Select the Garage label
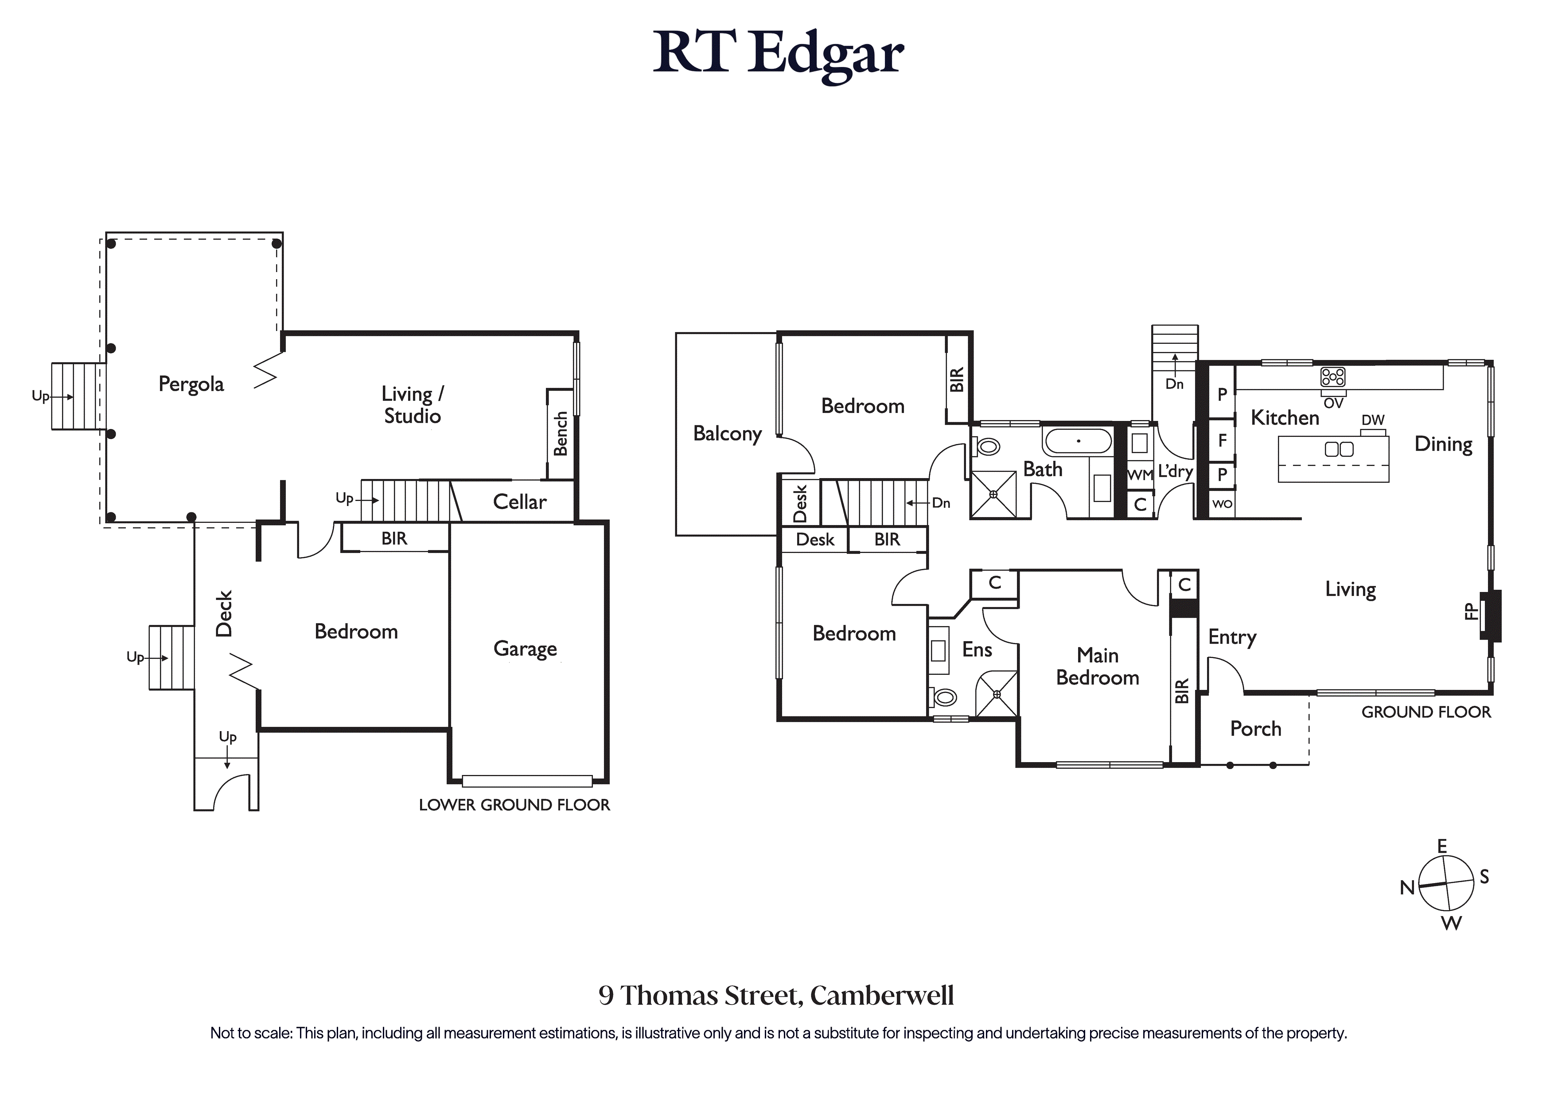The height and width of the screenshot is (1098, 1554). point(525,649)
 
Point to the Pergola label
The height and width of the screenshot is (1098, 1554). point(191,384)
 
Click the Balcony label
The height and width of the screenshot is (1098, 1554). point(728,433)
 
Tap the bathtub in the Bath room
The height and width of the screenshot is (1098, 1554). point(1078,441)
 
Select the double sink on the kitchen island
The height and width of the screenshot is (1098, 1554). point(1338,449)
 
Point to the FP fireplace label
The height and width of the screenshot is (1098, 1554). point(1470,611)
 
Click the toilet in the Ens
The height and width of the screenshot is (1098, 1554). point(944,697)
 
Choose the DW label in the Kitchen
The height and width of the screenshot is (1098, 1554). point(1373,421)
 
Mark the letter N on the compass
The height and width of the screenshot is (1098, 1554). point(1407,888)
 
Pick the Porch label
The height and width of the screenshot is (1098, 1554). point(1255,729)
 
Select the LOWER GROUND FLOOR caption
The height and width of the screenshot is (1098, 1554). point(514,805)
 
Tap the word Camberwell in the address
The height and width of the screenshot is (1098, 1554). point(882,996)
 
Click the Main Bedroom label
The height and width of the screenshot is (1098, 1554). point(1098,667)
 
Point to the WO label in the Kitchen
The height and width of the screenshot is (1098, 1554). point(1223,504)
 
